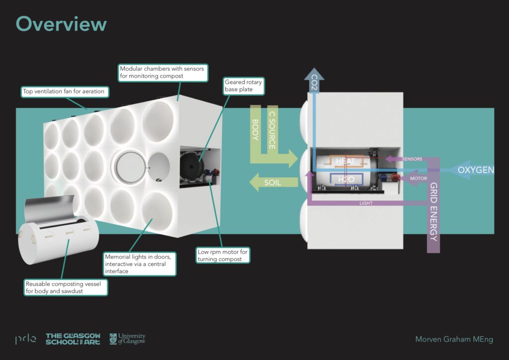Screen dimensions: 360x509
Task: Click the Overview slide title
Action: [61, 24]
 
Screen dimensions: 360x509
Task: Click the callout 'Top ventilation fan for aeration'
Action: [64, 91]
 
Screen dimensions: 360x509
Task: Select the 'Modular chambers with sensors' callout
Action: [162, 73]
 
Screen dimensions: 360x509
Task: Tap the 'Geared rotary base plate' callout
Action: [243, 86]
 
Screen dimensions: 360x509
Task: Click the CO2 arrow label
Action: [314, 82]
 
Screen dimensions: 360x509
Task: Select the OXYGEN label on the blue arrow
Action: [476, 170]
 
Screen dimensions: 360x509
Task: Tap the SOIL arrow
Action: [272, 182]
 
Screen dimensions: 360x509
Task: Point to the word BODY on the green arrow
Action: [255, 130]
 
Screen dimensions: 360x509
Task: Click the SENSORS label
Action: [412, 159]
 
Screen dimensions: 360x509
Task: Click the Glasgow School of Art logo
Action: [73, 339]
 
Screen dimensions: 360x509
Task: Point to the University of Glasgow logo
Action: [127, 339]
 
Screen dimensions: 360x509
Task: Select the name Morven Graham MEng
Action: [454, 339]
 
